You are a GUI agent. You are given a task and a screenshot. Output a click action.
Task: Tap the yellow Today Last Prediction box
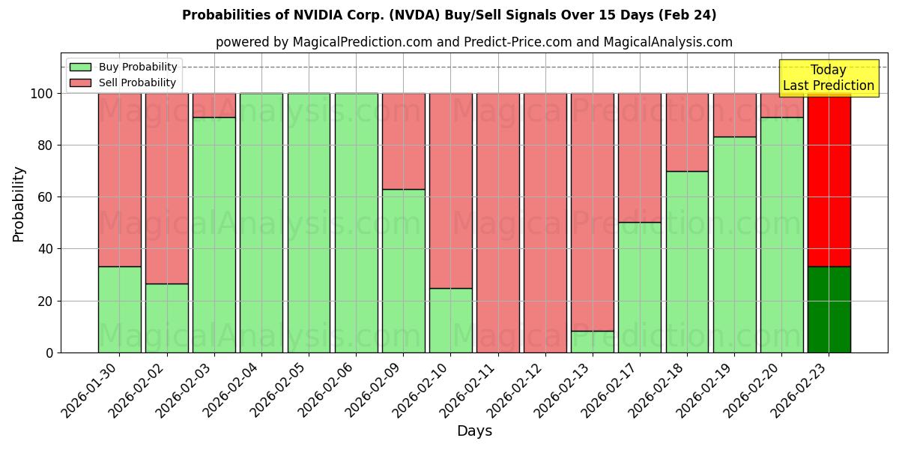pos(828,78)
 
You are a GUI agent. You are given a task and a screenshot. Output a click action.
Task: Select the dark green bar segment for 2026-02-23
pos(829,309)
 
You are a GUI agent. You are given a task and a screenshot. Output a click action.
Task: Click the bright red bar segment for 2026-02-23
pos(829,180)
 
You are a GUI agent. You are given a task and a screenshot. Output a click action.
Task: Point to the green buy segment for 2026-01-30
pos(119,309)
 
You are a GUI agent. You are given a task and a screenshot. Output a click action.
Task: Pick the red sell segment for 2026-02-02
pos(166,188)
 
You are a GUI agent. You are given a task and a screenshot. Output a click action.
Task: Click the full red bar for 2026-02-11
pos(498,223)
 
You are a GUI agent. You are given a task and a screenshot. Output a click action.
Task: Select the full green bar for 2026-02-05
pos(309,223)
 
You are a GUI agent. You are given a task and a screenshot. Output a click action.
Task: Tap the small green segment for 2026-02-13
pos(593,341)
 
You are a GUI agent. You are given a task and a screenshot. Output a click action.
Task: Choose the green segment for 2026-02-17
pos(640,287)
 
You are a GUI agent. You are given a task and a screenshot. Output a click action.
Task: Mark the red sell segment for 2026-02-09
pos(403,141)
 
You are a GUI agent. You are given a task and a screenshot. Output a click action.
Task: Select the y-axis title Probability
pos(19,203)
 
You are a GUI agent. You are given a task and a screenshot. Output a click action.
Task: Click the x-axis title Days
pos(474,431)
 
